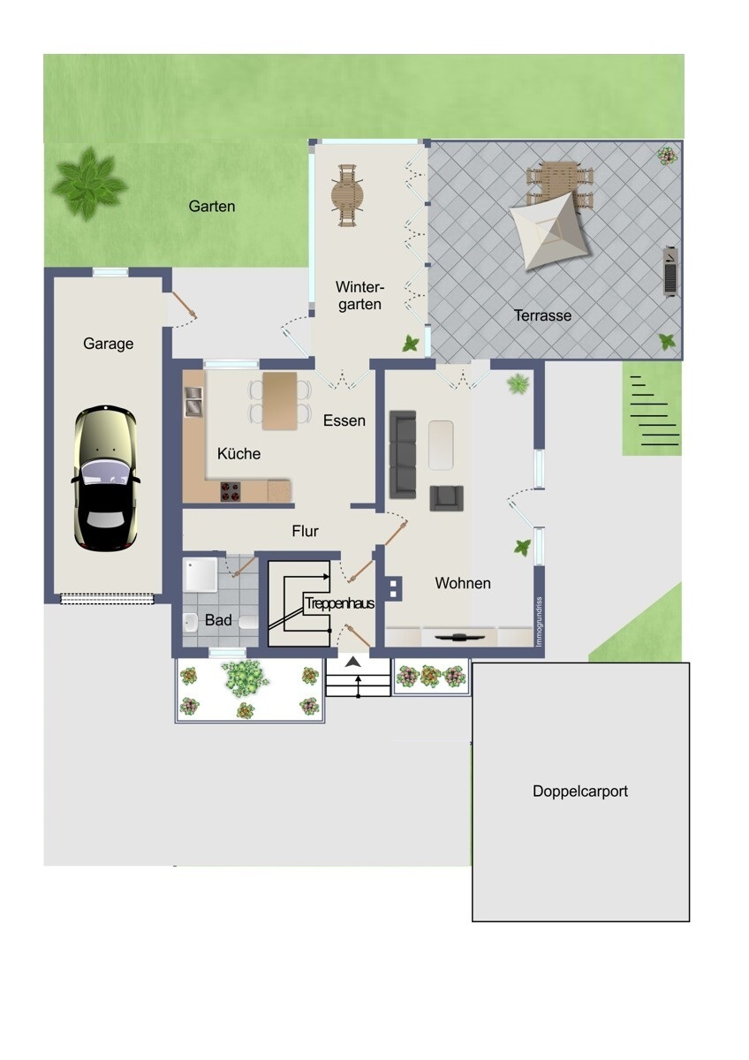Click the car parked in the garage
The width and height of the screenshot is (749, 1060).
click(x=105, y=478)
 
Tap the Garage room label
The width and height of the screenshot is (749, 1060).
click(x=109, y=344)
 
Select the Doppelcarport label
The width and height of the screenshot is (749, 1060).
click(x=580, y=791)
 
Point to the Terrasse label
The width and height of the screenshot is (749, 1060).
click(x=542, y=315)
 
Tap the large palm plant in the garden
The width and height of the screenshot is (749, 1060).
click(x=88, y=183)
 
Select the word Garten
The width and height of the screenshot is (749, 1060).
click(x=212, y=206)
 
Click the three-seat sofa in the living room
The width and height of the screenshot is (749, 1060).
click(x=403, y=453)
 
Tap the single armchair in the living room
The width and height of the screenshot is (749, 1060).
click(x=446, y=498)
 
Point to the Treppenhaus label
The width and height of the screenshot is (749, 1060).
click(x=339, y=604)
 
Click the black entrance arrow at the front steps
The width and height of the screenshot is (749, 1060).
click(x=353, y=662)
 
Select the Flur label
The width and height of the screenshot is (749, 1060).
click(x=305, y=531)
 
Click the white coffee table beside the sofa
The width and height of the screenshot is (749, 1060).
click(x=441, y=444)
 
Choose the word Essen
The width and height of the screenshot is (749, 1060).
click(x=344, y=420)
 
